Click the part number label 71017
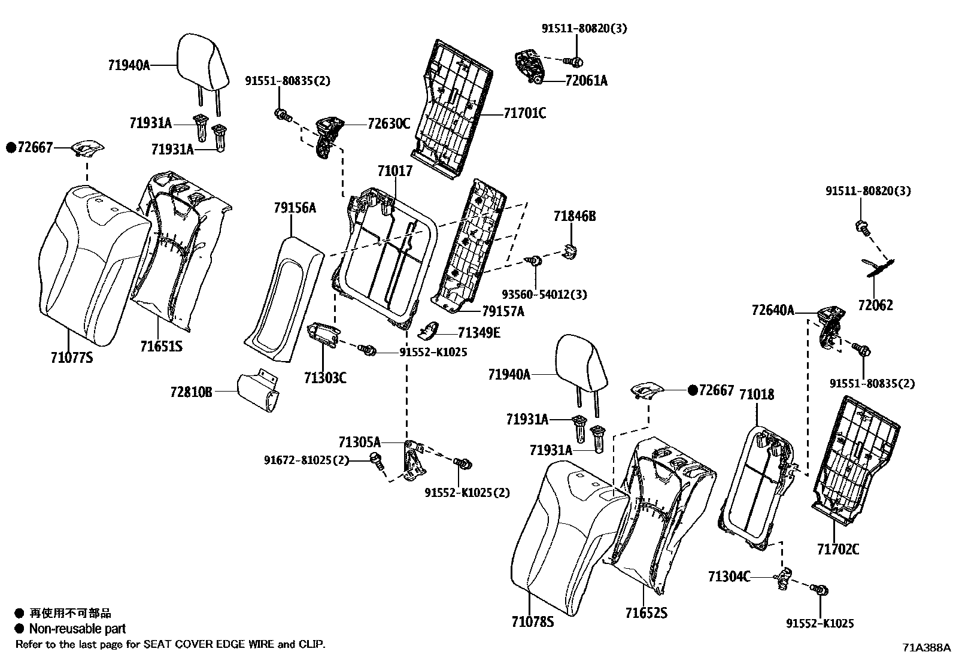click(x=394, y=171)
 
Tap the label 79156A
click(x=295, y=208)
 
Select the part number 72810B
click(x=191, y=392)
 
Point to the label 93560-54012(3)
click(x=544, y=295)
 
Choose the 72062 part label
click(x=875, y=305)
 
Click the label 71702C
click(x=837, y=548)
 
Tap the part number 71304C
click(x=729, y=577)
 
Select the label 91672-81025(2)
click(x=306, y=460)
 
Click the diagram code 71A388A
click(x=926, y=647)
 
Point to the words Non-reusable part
click(x=77, y=629)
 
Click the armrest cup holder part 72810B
click(x=259, y=392)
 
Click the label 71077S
click(x=72, y=358)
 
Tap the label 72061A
click(x=585, y=81)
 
